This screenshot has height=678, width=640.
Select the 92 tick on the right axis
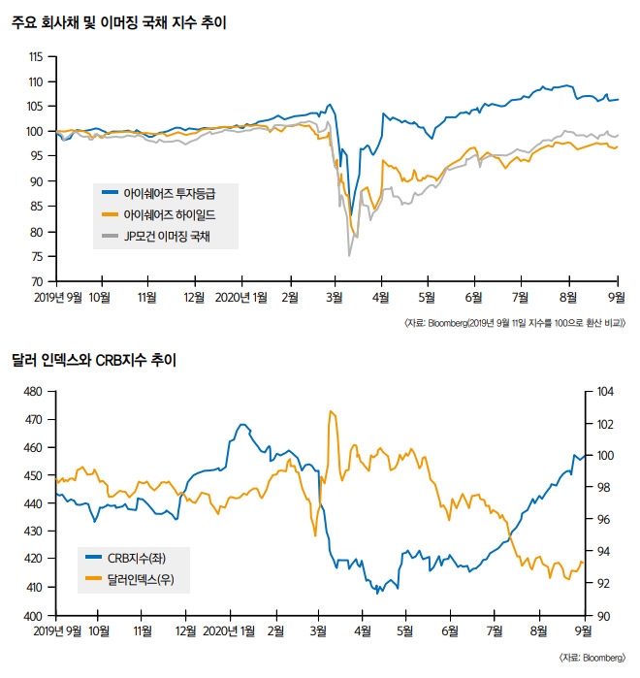[x=602, y=584]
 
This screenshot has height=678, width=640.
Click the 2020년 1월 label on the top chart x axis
[x=240, y=296]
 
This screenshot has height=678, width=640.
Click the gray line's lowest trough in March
[x=349, y=255]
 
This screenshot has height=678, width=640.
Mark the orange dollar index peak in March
[x=332, y=411]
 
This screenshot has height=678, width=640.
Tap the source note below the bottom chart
[x=592, y=657]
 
